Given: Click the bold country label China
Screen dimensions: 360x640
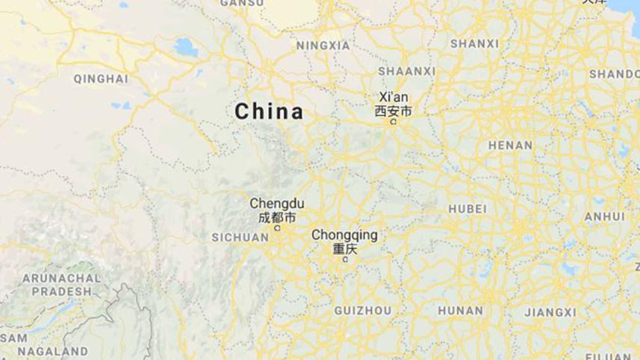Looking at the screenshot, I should pyautogui.click(x=269, y=112).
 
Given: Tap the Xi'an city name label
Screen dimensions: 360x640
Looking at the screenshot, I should pyautogui.click(x=395, y=96).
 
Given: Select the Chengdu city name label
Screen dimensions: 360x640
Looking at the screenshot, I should pyautogui.click(x=276, y=203).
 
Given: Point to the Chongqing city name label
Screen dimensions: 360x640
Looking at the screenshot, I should pyautogui.click(x=344, y=235).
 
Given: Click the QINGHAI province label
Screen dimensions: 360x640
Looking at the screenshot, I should pyautogui.click(x=100, y=78).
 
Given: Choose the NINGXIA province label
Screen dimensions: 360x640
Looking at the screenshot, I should pyautogui.click(x=323, y=46).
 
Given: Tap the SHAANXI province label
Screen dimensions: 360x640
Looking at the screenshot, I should pyautogui.click(x=406, y=71).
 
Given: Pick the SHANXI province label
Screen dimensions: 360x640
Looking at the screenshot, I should pyautogui.click(x=474, y=44).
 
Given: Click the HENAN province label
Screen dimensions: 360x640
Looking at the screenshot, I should pyautogui.click(x=510, y=145).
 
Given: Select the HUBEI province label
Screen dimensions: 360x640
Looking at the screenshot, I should pyautogui.click(x=467, y=208).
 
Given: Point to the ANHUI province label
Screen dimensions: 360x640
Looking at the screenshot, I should pyautogui.click(x=604, y=217).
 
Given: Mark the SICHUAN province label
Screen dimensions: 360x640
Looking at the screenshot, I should pyautogui.click(x=240, y=238).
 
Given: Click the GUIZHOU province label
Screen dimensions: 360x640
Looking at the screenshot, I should pyautogui.click(x=362, y=310).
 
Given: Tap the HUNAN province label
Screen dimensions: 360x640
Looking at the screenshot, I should pyautogui.click(x=460, y=310).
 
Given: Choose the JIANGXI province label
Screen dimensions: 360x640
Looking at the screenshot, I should pyautogui.click(x=550, y=311).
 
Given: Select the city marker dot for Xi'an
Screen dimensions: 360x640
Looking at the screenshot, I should pyautogui.click(x=393, y=122).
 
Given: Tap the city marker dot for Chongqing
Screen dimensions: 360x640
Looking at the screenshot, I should pyautogui.click(x=344, y=260).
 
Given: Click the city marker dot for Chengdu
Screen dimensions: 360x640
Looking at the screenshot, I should pyautogui.click(x=277, y=229).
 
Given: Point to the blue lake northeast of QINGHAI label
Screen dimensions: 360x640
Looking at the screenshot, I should pyautogui.click(x=184, y=49).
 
